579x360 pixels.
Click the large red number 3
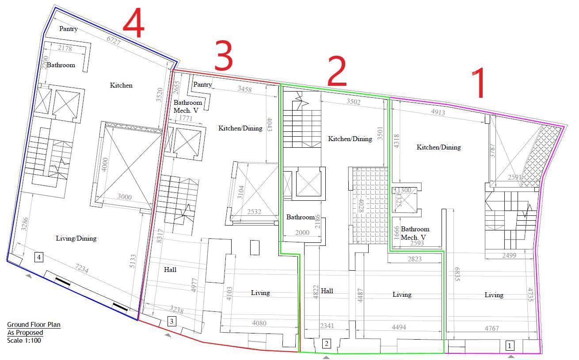224,55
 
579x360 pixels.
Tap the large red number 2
337,71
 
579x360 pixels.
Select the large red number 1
479,83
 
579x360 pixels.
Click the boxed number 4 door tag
39,257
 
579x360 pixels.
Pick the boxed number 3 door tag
172,321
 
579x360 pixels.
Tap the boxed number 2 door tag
327,344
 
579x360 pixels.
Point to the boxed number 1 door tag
510,345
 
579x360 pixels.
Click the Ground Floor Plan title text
34,325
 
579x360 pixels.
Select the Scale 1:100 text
24,341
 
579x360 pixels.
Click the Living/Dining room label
76,238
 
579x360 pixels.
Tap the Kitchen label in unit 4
121,85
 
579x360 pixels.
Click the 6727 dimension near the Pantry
114,41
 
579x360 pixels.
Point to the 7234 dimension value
82,268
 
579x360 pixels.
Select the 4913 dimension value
438,112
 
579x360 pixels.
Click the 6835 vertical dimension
457,274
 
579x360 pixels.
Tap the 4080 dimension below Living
259,323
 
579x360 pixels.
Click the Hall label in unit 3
170,270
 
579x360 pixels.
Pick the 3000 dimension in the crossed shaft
125,197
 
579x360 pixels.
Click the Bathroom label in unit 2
301,217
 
